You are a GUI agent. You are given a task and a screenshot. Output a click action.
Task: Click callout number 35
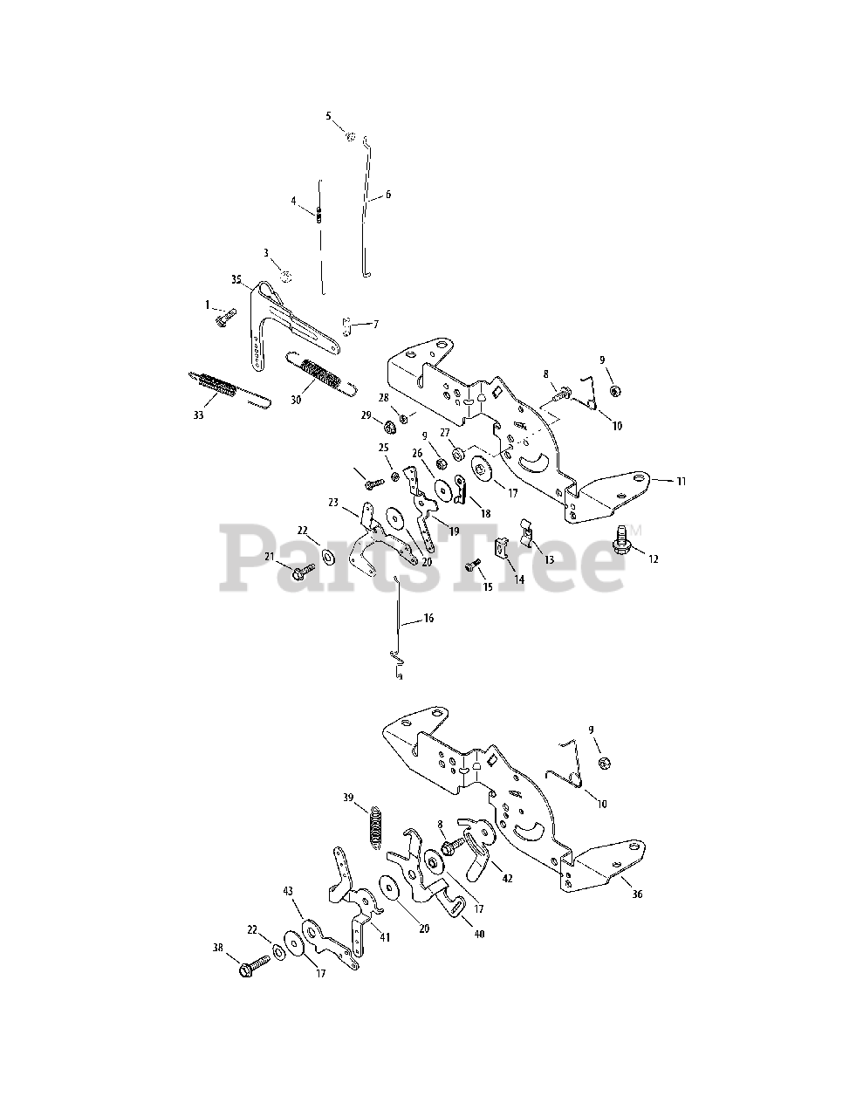click(236, 279)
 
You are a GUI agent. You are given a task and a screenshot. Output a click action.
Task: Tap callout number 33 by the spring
click(198, 415)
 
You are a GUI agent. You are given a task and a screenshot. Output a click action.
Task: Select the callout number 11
click(681, 480)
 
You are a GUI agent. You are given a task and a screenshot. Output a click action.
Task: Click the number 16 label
click(428, 618)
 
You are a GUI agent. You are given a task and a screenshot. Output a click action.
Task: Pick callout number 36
click(636, 894)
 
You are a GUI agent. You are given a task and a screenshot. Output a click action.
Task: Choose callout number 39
click(348, 798)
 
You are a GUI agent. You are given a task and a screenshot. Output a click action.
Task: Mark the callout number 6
click(388, 195)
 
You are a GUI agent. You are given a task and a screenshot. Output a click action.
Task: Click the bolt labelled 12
click(626, 534)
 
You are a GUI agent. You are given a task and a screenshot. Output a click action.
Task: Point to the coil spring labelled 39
click(376, 826)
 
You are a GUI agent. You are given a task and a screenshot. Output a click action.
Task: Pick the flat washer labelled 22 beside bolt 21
click(328, 556)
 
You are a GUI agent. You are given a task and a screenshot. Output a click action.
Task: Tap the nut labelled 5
click(349, 135)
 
